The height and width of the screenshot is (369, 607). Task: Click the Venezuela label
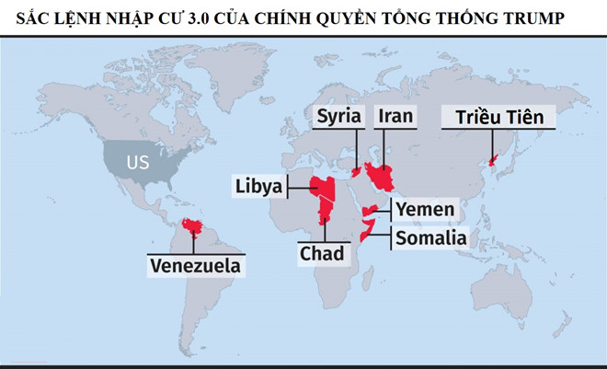(x=199, y=266)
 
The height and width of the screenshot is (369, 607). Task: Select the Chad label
(x=321, y=252)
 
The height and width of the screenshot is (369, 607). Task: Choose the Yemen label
(x=424, y=209)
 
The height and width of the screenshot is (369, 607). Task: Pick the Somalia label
(x=430, y=238)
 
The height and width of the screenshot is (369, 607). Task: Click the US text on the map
(x=138, y=163)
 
